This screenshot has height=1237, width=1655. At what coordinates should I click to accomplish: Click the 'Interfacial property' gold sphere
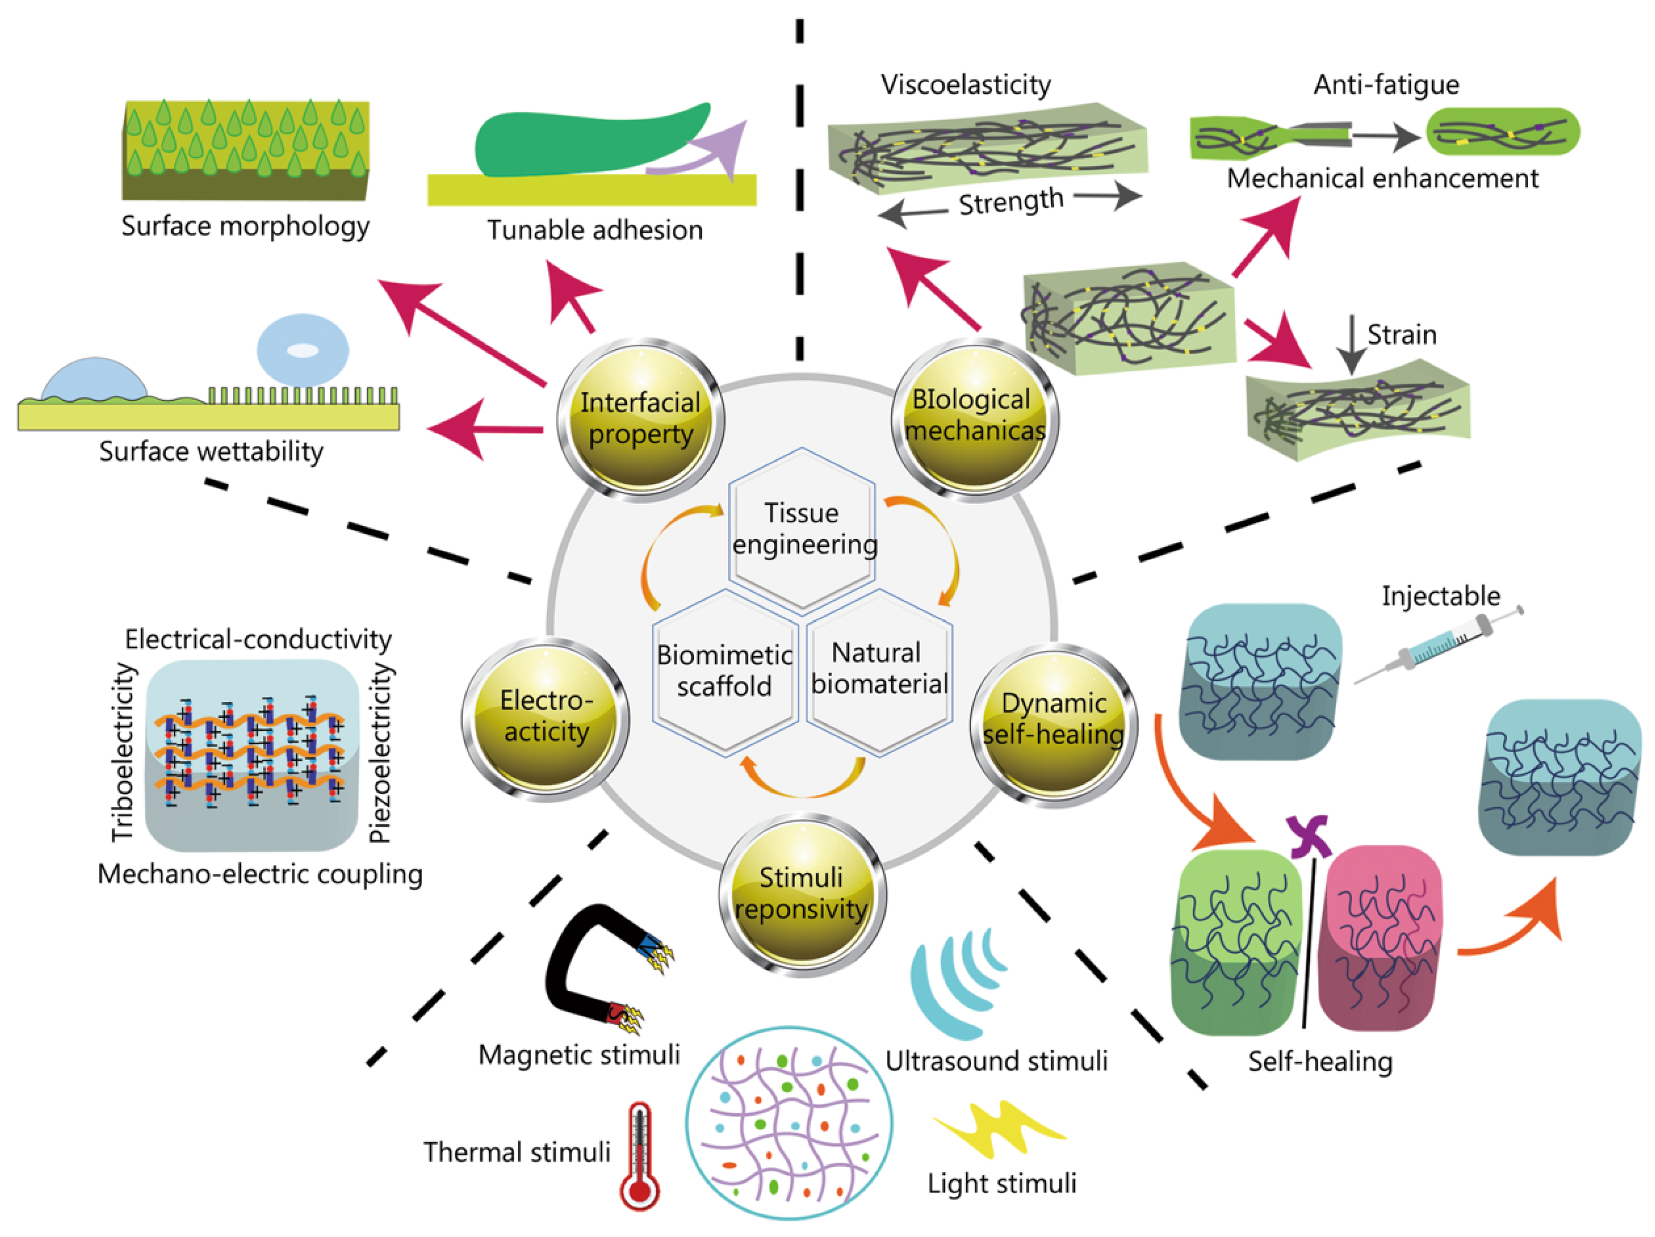(x=641, y=419)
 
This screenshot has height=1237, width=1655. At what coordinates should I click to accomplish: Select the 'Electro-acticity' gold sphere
(x=545, y=718)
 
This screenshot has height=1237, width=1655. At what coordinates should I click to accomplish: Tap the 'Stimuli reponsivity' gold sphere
(x=802, y=894)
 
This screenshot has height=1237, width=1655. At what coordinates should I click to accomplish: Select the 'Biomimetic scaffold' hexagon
(x=724, y=671)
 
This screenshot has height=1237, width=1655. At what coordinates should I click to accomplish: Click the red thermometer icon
(x=639, y=1156)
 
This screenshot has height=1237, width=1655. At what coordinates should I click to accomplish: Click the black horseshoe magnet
(x=591, y=966)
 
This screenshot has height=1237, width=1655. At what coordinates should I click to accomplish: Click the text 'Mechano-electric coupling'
(x=260, y=874)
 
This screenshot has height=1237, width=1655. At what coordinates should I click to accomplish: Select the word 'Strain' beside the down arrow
(x=1402, y=335)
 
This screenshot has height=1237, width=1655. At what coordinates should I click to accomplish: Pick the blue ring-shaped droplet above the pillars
(x=302, y=350)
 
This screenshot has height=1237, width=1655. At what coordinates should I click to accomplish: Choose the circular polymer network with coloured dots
(x=789, y=1123)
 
